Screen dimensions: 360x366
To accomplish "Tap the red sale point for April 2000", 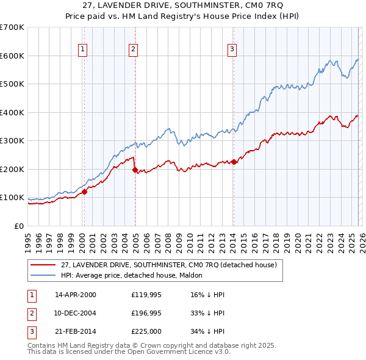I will tap(85, 192).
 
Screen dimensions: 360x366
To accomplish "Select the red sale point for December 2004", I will tap(135, 170).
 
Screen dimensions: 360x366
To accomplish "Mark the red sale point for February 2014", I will tap(234, 162).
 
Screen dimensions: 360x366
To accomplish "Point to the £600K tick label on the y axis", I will tap(12, 56).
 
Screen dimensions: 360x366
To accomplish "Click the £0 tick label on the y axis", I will tap(19, 226).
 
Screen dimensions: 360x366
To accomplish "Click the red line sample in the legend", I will tap(43, 265).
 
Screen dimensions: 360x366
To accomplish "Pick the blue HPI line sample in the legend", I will tap(43, 275).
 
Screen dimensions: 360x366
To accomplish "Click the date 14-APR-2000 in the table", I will tap(76, 295).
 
